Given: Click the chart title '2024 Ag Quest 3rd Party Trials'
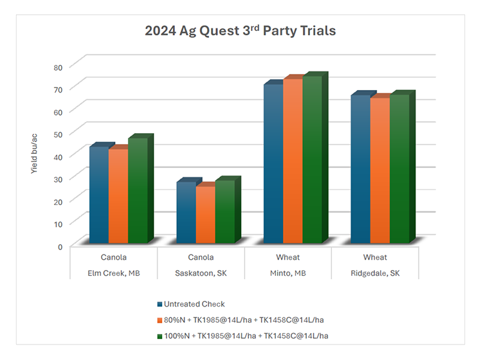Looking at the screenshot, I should (241, 30).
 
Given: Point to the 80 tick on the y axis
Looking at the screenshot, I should (57, 66).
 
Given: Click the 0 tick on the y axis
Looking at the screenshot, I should (60, 246).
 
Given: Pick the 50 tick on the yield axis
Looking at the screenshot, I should (57, 134).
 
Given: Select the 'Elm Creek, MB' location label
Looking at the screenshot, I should (113, 273).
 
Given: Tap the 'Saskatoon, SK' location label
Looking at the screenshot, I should (201, 273).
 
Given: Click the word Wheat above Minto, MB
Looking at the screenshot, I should (287, 258).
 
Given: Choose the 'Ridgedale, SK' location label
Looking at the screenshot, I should (375, 273).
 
